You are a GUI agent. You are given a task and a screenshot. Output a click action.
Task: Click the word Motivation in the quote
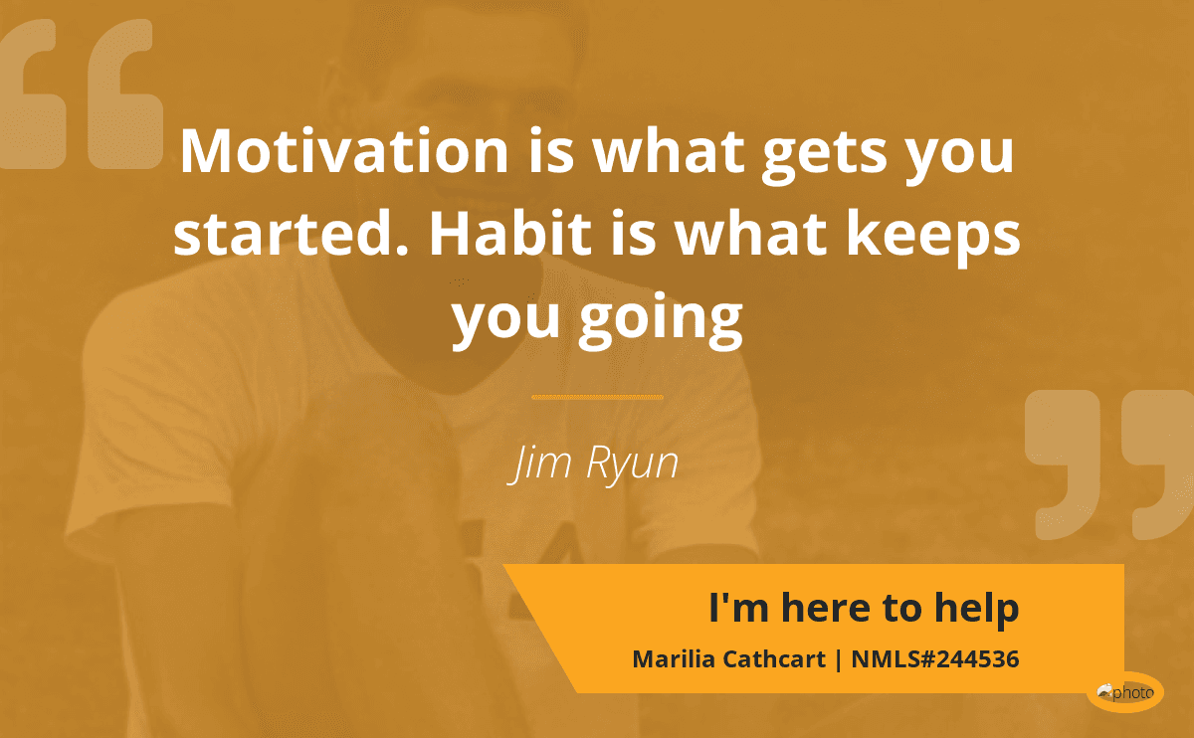coord(344,151)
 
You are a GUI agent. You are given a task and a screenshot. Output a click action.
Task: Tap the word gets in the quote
coord(824,156)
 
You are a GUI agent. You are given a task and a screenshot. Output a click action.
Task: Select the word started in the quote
coord(291,233)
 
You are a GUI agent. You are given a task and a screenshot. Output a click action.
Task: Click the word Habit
coord(510,233)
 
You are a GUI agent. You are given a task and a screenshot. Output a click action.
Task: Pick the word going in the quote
coord(661,320)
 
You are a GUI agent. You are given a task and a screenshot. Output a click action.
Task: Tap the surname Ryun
coord(632,464)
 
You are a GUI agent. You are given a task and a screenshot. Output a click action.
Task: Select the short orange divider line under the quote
coord(597,397)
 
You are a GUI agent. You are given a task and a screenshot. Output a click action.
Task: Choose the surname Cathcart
coord(774,659)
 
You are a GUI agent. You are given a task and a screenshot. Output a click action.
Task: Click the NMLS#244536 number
coord(935,659)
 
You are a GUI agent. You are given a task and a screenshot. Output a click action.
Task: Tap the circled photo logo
coord(1125,692)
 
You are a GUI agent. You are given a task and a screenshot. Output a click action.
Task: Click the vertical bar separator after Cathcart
coord(839,659)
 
